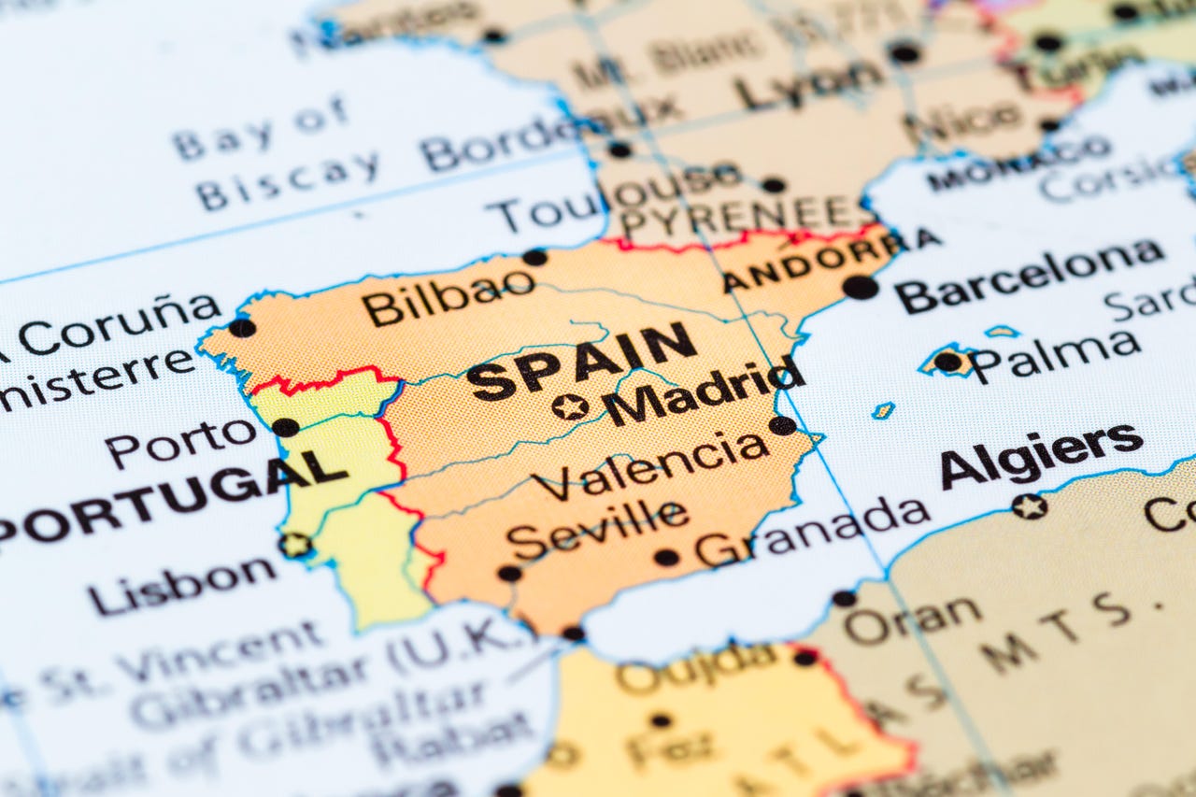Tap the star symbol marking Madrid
(x=570, y=406)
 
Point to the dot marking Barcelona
(x=860, y=287)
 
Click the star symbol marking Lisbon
(x=296, y=545)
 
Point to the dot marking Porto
(x=285, y=427)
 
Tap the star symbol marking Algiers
(x=1029, y=506)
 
